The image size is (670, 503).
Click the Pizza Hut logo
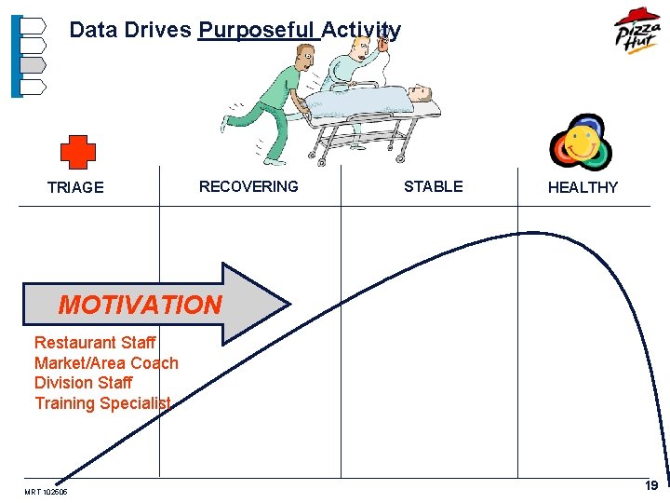click(x=636, y=31)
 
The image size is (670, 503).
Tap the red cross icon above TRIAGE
click(x=78, y=151)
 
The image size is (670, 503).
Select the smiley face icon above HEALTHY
click(x=581, y=143)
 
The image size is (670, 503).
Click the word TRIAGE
click(x=75, y=187)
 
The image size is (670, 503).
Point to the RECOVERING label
click(x=248, y=186)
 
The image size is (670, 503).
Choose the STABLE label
click(x=433, y=186)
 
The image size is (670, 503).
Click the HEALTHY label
click(x=583, y=187)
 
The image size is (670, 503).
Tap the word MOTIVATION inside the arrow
click(x=140, y=305)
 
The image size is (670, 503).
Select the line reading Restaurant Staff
click(x=95, y=343)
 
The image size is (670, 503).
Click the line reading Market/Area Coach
click(x=106, y=363)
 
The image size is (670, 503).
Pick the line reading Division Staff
click(x=84, y=383)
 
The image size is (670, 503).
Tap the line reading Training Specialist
click(x=102, y=403)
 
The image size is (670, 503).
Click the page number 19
click(x=651, y=485)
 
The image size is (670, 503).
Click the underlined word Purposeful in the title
click(x=258, y=30)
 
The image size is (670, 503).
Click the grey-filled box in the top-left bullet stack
click(x=33, y=65)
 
